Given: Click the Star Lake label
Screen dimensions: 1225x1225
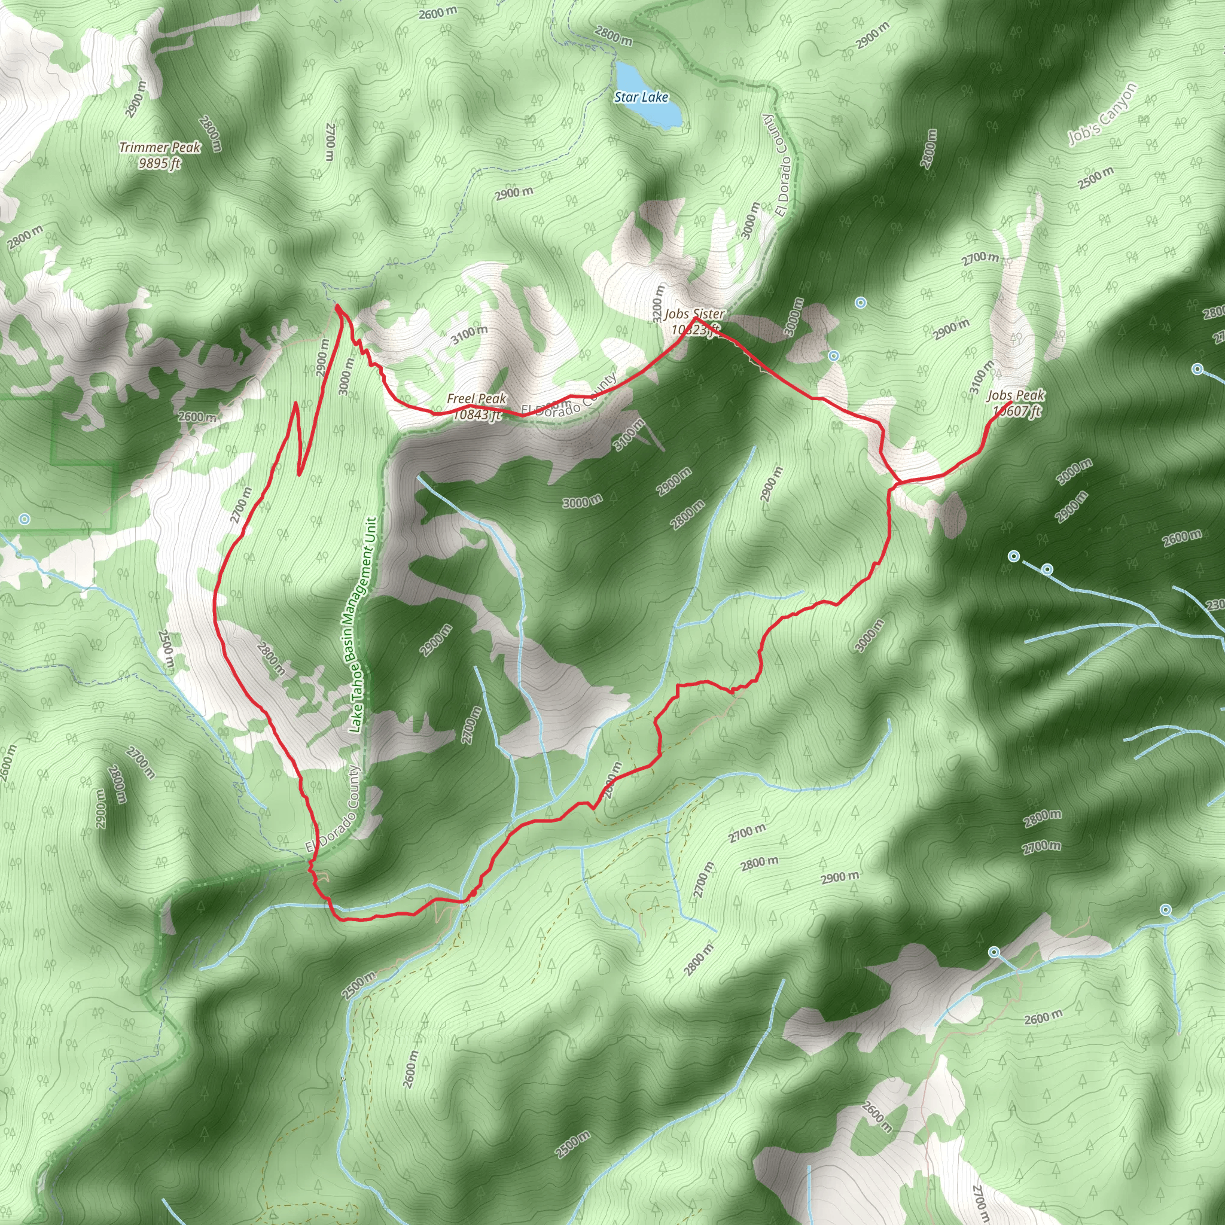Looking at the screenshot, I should (641, 97).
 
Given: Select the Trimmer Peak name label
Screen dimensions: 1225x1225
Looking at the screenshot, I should (160, 147).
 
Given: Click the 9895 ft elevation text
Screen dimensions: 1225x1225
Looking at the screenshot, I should (160, 163).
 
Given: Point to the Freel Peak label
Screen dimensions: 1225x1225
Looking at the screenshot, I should (476, 398).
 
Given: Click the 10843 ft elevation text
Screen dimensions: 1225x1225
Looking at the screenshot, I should (477, 415).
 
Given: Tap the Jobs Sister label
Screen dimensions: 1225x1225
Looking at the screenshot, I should (694, 314).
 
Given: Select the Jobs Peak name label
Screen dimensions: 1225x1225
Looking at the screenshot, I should (1016, 395).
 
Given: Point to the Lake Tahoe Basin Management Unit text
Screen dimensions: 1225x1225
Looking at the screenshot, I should (362, 624).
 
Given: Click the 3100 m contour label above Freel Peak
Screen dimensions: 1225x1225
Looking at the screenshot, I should (469, 334).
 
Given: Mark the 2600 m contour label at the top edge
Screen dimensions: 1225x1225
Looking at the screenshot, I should (437, 13).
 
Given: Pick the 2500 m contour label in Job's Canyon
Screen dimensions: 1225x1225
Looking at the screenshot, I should (1095, 178).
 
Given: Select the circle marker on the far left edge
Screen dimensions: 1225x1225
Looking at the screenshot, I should (24, 519).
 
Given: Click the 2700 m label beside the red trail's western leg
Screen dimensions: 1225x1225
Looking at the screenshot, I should (241, 505).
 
